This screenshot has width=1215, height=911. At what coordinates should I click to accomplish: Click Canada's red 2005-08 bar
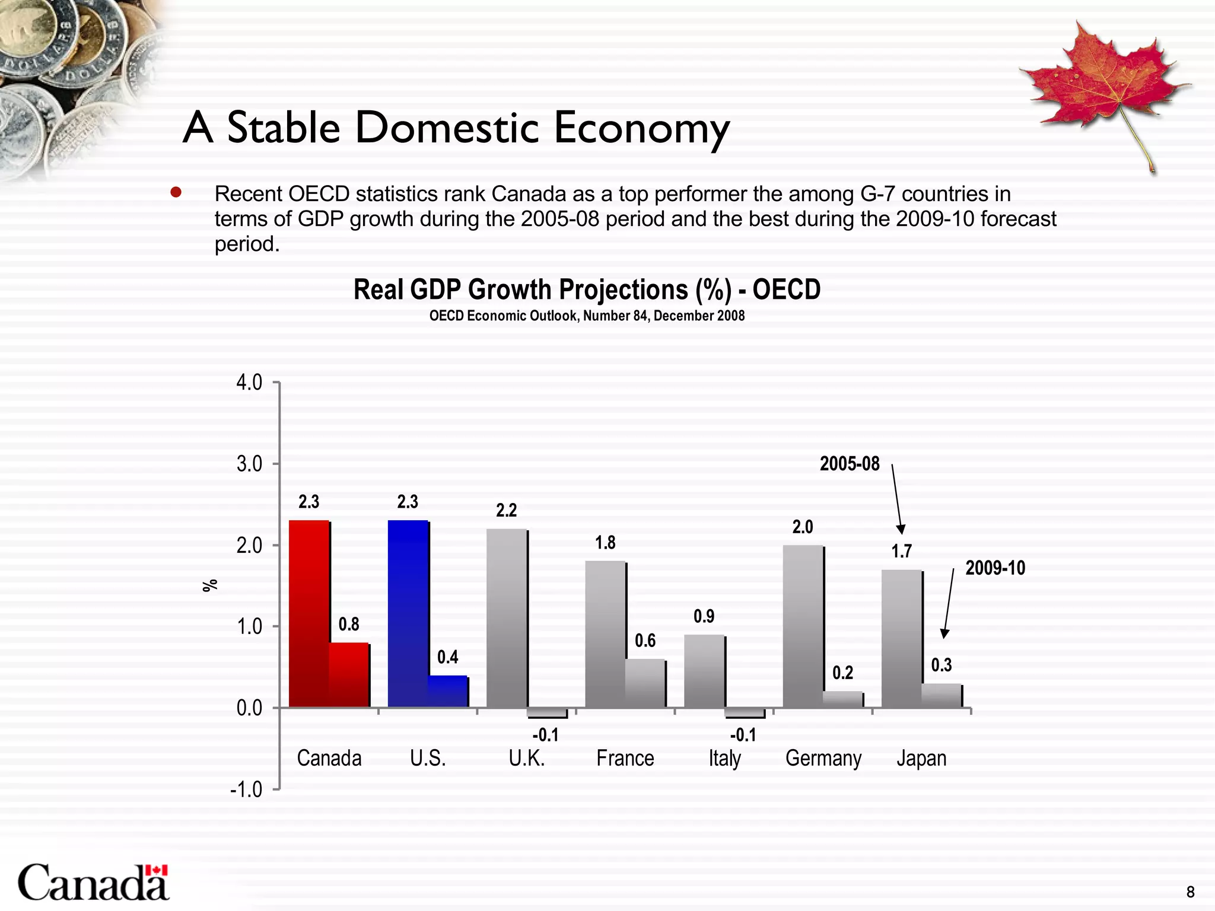pyautogui.click(x=308, y=614)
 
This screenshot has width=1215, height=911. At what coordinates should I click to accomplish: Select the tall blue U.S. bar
pyautogui.click(x=408, y=614)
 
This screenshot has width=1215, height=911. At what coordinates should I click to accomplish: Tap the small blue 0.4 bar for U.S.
pyautogui.click(x=448, y=692)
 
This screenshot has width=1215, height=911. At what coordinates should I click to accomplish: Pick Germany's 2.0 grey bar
pyautogui.click(x=803, y=626)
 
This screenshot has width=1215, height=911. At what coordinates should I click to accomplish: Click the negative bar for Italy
pyautogui.click(x=745, y=713)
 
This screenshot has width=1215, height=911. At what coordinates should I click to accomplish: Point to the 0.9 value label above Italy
pyautogui.click(x=704, y=617)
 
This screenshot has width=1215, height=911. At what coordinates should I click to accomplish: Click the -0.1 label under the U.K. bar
pyautogui.click(x=546, y=736)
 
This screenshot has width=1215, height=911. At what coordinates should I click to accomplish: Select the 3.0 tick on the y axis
pyautogui.click(x=249, y=464)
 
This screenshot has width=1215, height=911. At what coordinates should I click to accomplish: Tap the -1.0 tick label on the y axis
pyautogui.click(x=246, y=790)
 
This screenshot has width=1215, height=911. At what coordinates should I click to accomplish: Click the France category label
pyautogui.click(x=625, y=759)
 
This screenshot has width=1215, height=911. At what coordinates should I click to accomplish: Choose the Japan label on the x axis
pyautogui.click(x=921, y=759)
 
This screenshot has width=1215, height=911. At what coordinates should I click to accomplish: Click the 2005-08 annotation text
pyautogui.click(x=850, y=464)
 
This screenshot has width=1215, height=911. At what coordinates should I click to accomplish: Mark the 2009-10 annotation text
pyautogui.click(x=995, y=568)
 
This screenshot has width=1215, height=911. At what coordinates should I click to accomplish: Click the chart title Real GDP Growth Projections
pyautogui.click(x=587, y=290)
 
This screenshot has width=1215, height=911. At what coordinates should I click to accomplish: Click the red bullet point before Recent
pyautogui.click(x=176, y=193)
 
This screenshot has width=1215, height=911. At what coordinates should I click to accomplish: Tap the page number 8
pyautogui.click(x=1190, y=891)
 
